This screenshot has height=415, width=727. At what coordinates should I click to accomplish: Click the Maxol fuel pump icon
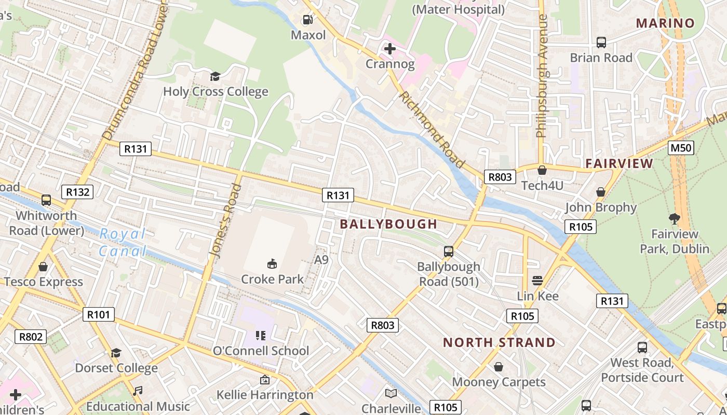pyautogui.click(x=308, y=20)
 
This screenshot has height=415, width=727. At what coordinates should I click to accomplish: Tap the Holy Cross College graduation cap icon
pyautogui.click(x=215, y=77)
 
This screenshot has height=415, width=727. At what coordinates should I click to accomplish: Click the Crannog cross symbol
pyautogui.click(x=389, y=49)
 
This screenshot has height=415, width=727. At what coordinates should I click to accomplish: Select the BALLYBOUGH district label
pyautogui.click(x=388, y=224)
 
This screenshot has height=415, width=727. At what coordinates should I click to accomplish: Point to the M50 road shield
pyautogui.click(x=681, y=148)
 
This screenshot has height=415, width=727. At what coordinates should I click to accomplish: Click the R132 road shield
pyautogui.click(x=77, y=192)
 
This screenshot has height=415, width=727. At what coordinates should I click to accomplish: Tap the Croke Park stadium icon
pyautogui.click(x=272, y=264)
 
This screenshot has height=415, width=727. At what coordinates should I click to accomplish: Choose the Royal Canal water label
pyautogui.click(x=123, y=243)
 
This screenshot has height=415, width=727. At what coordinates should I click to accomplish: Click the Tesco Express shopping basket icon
pyautogui.click(x=43, y=267)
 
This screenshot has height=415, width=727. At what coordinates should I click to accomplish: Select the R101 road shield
pyautogui.click(x=98, y=314)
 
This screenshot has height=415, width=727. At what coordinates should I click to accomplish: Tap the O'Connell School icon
pyautogui.click(x=261, y=336)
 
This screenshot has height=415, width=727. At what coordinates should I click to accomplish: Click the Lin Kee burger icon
pyautogui.click(x=537, y=281)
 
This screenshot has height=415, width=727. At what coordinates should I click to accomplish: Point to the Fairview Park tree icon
pyautogui.click(x=675, y=218)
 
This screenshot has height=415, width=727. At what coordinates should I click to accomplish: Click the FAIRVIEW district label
pyautogui.click(x=619, y=164)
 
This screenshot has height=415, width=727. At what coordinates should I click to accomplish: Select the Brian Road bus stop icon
pyautogui.click(x=601, y=43)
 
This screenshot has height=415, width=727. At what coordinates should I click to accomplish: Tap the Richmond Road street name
pyautogui.click(x=431, y=130)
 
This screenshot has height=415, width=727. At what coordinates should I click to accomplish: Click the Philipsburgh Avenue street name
pyautogui.click(x=542, y=77)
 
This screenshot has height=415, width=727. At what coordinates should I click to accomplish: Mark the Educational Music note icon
pyautogui.click(x=138, y=391)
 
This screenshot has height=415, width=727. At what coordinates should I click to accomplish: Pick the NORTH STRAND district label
pyautogui.click(x=499, y=342)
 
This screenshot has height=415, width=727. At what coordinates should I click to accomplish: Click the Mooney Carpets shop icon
pyautogui.click(x=499, y=367)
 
